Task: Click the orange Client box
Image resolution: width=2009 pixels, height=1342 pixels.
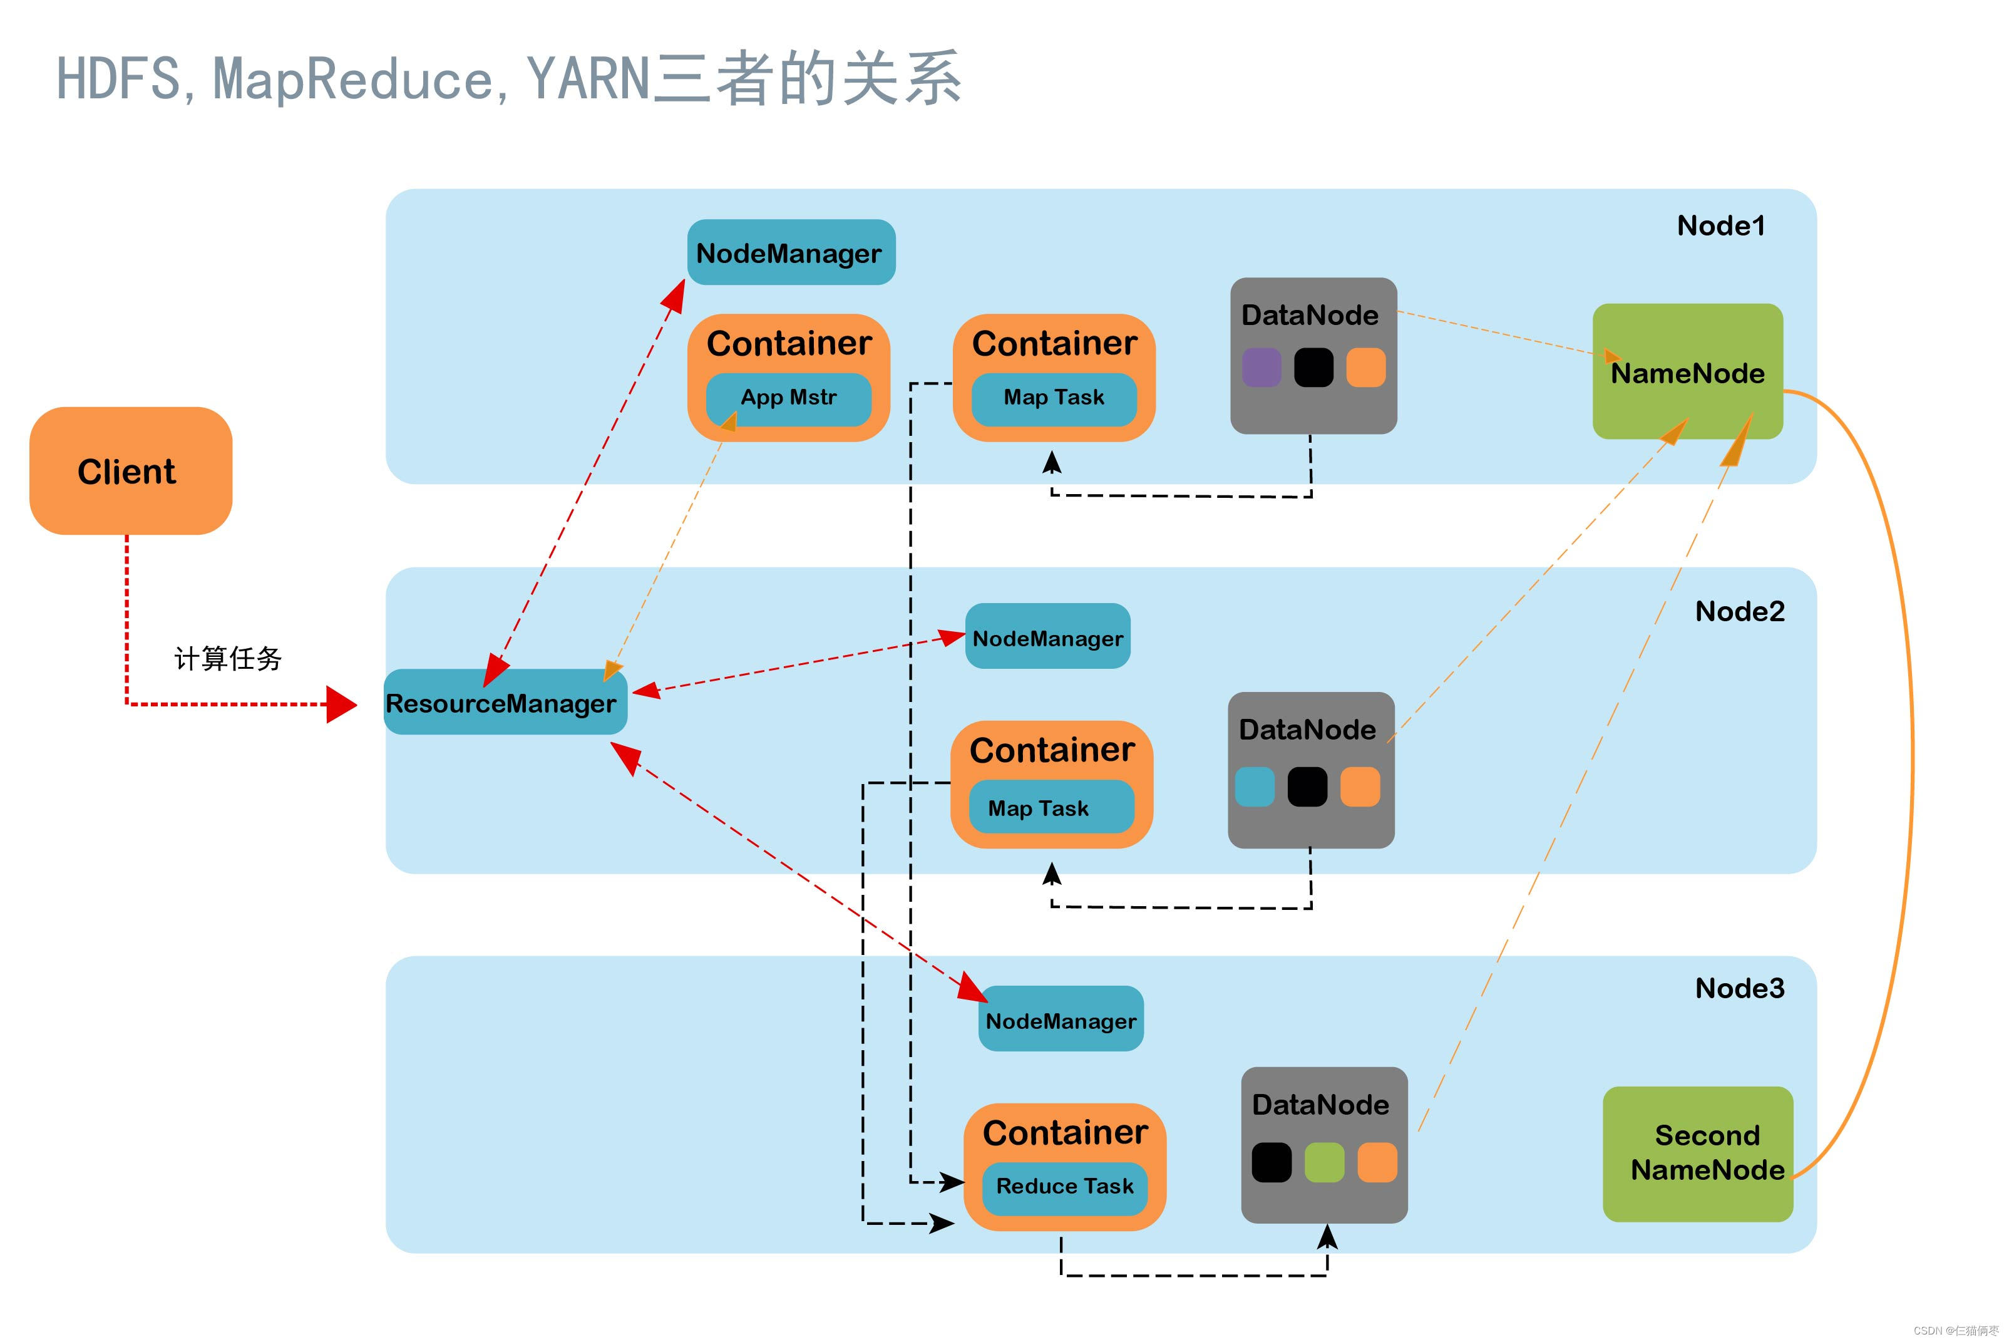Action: click(x=130, y=471)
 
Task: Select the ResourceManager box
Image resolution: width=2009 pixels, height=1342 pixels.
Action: click(x=505, y=703)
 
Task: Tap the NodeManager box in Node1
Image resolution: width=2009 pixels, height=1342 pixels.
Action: click(x=791, y=252)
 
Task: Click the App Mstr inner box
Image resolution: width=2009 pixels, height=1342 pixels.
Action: click(x=788, y=398)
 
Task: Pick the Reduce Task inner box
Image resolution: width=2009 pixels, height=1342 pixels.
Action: click(x=1064, y=1187)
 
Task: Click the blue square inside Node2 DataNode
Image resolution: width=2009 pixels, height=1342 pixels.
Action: click(x=1255, y=787)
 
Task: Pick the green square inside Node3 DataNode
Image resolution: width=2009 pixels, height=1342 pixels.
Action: click(x=1323, y=1162)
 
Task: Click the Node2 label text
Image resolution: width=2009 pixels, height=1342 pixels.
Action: click(x=1739, y=611)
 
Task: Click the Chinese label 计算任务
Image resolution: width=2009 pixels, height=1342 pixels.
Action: click(x=228, y=658)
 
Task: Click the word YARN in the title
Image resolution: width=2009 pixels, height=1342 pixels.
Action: click(x=588, y=79)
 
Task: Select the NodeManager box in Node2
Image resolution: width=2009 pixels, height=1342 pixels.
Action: click(x=1047, y=637)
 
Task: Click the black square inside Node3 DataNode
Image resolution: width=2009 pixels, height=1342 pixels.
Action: click(x=1271, y=1162)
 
